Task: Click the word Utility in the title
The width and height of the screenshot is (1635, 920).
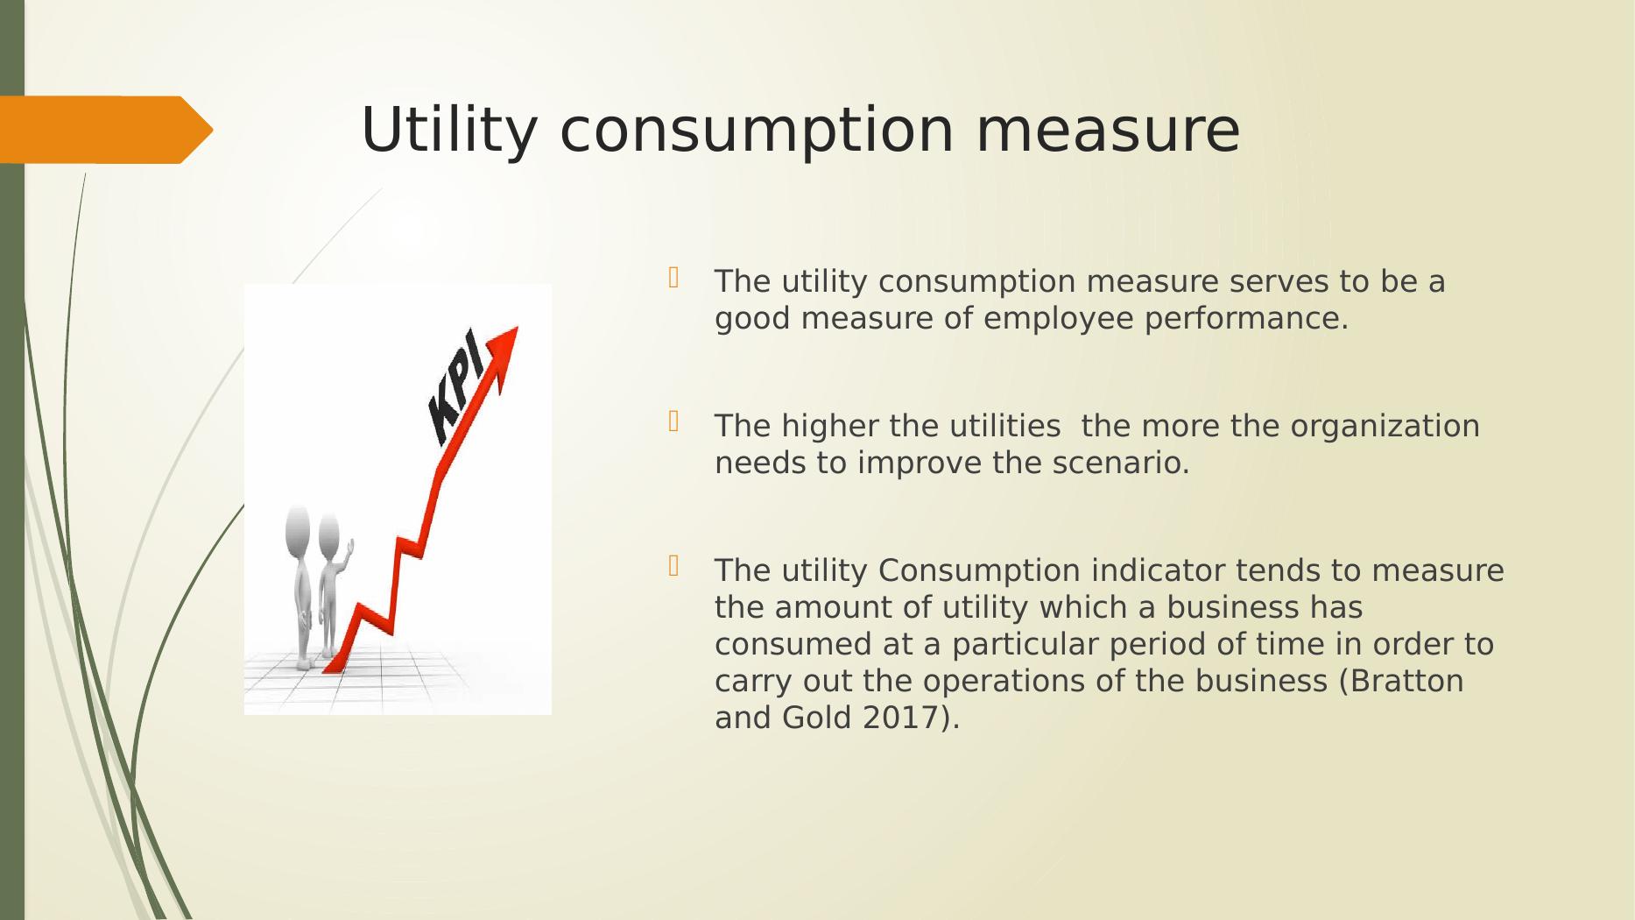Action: coord(448,131)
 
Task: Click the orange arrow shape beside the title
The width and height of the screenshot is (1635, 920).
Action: coord(106,130)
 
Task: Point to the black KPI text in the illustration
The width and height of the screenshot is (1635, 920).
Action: coord(456,386)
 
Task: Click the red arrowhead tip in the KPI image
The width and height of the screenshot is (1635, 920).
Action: coord(518,328)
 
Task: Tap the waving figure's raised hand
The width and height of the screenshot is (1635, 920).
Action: coord(349,547)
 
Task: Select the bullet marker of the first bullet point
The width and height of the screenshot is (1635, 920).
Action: coord(673,278)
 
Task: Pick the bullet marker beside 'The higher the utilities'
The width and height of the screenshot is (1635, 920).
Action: coord(673,422)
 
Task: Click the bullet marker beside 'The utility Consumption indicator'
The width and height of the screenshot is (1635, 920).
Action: coord(673,566)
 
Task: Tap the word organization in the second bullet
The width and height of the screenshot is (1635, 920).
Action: coord(1385,427)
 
